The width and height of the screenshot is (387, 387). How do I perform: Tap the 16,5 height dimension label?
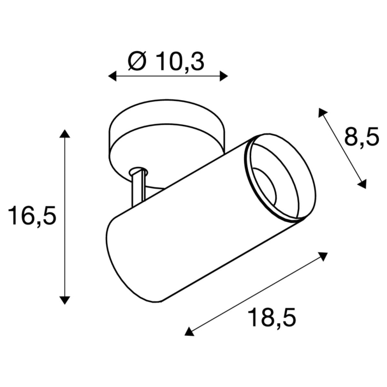tap(32, 216)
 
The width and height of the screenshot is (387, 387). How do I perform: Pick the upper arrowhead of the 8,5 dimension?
tap(322, 113)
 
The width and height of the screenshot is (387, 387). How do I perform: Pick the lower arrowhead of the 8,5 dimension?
tap(361, 184)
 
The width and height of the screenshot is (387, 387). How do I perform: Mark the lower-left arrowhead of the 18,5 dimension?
tap(189, 330)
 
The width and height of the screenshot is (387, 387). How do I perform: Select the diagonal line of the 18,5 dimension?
tap(256, 293)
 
